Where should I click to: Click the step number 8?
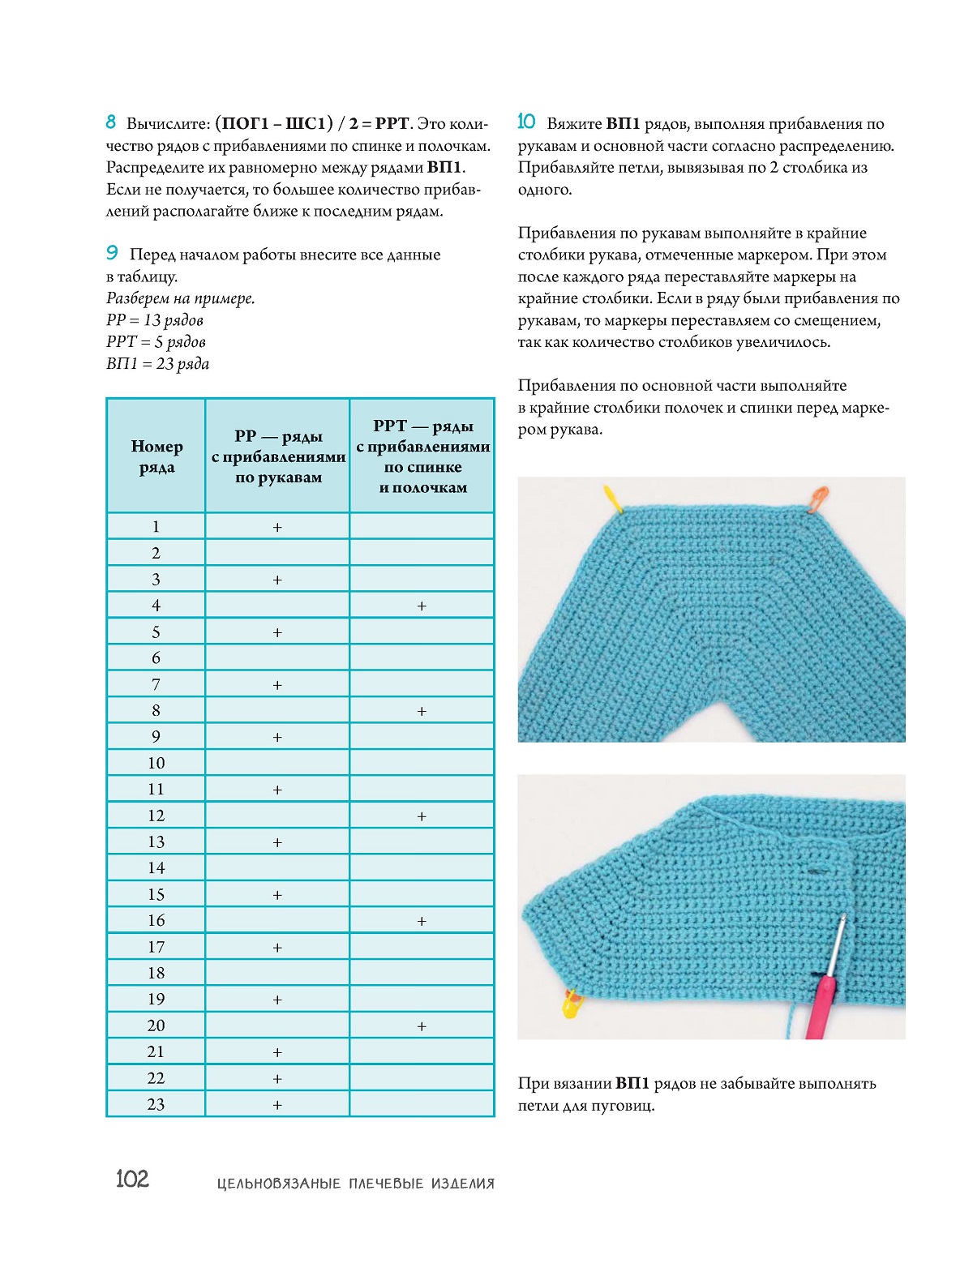(x=111, y=122)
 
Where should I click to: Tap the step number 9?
(x=112, y=253)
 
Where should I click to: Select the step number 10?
(x=526, y=122)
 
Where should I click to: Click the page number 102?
(x=132, y=1179)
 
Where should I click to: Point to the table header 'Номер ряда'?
(x=156, y=456)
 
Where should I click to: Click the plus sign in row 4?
(x=422, y=606)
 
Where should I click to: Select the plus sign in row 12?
(x=422, y=816)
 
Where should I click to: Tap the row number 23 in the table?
(x=156, y=1104)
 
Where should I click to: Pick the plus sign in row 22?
(x=277, y=1079)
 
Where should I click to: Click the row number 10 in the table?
(x=156, y=763)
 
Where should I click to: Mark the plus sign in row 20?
(x=422, y=1026)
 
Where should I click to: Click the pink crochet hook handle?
(x=819, y=1005)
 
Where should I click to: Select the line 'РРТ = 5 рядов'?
(x=156, y=342)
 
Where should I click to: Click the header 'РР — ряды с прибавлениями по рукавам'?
(x=278, y=456)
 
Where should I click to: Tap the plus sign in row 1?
(x=277, y=528)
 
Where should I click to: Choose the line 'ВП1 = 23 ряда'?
(x=157, y=364)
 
